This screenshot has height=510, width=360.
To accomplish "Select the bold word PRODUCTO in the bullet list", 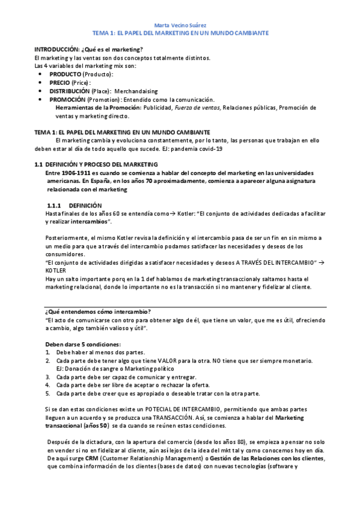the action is pos(65,73).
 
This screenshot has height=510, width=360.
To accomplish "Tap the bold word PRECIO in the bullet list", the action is pos(60,82).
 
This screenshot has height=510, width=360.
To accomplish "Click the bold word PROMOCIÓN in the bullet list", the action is pos(67,99).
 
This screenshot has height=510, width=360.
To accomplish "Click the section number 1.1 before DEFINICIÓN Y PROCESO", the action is pos(38,164).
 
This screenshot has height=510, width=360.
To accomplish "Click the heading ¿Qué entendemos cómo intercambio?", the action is pos(99,312).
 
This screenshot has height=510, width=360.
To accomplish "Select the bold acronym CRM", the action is pos(92,458).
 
